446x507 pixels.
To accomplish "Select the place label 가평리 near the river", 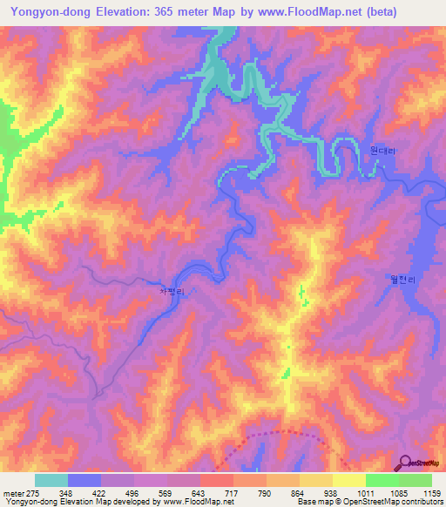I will [172, 293].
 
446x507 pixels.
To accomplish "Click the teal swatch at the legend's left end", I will [51, 480].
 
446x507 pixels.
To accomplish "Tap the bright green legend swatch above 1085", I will [382, 480].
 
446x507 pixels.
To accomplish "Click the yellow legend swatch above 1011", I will [348, 480].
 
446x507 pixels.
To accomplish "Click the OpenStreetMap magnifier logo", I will [405, 463].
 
